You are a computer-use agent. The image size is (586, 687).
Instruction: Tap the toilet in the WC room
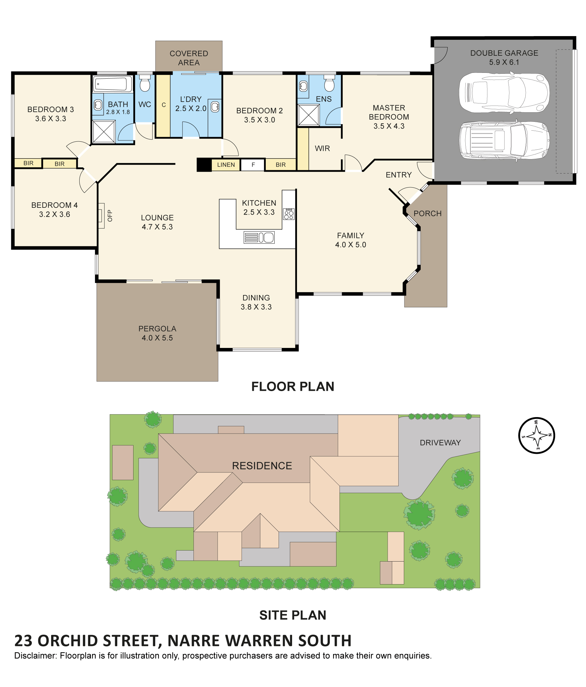click(145, 83)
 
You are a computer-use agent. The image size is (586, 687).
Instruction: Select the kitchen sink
click(259, 237)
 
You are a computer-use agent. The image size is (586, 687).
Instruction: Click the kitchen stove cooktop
click(289, 214)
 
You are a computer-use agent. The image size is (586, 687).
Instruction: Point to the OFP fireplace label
click(110, 216)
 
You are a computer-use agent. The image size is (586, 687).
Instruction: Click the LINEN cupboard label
click(226, 165)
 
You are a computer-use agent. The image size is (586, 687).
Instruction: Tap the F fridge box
click(253, 165)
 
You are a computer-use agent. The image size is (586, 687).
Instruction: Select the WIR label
click(322, 148)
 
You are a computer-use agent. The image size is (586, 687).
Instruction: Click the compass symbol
click(536, 435)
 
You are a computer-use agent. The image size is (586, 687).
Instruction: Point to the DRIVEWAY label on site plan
click(440, 442)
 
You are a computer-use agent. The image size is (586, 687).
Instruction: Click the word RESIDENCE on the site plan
click(262, 465)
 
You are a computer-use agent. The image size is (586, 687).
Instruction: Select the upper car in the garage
click(504, 93)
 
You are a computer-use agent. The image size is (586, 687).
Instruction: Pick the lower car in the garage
click(504, 140)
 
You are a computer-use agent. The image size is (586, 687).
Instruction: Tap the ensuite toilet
click(329, 83)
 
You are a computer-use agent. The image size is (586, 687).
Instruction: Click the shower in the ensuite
click(309, 115)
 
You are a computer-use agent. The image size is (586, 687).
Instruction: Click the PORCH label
click(427, 214)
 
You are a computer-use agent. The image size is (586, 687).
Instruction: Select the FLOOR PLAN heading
click(292, 386)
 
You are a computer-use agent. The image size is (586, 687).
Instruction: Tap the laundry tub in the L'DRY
click(215, 106)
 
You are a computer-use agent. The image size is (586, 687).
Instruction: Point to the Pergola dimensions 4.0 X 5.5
click(157, 338)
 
